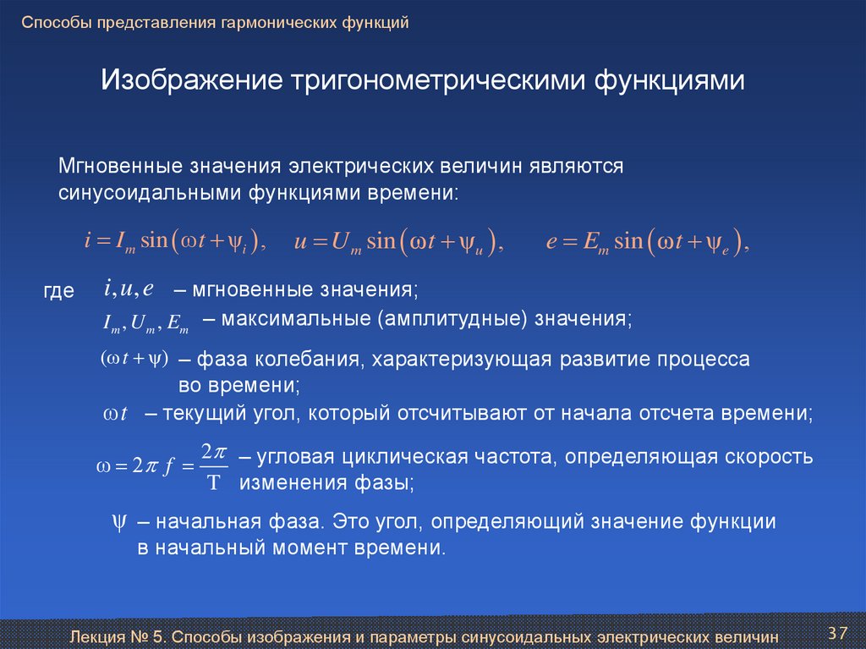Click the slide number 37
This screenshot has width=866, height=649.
point(837,633)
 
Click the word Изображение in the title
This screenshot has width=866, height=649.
point(192,80)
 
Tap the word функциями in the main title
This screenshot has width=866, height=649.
point(670,80)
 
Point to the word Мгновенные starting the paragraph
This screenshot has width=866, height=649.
point(120,166)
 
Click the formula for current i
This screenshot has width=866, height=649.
point(175,241)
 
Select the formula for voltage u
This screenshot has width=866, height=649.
point(399,242)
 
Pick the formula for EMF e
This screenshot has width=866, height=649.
point(647,242)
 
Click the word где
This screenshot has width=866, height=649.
point(58,291)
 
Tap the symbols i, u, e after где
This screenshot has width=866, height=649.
point(129,289)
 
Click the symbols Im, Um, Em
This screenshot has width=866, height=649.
point(145,323)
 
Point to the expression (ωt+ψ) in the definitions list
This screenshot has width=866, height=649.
point(134,358)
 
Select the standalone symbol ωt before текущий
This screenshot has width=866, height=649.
point(115,414)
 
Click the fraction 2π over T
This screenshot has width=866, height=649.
point(214,466)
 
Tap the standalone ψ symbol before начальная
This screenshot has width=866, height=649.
point(118,522)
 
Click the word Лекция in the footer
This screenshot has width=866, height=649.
point(98,637)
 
